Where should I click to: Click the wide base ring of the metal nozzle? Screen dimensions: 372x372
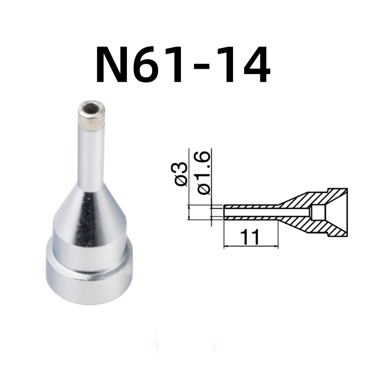click(88, 274)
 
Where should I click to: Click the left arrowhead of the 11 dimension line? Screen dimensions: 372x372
click(226, 246)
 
